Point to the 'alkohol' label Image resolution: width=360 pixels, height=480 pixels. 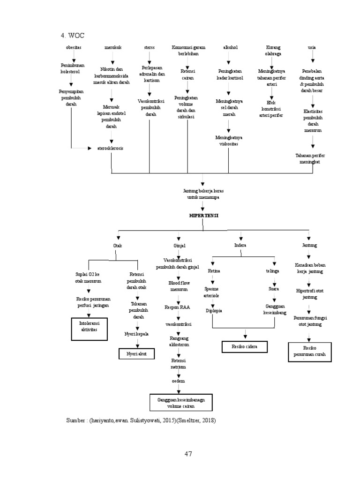point(228,48)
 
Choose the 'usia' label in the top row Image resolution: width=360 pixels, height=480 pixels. point(312,48)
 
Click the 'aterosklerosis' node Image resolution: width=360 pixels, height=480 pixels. point(111,148)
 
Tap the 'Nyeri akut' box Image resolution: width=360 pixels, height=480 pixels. point(136,354)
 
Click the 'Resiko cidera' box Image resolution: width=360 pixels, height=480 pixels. point(245,346)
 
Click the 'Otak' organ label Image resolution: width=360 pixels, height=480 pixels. point(118,245)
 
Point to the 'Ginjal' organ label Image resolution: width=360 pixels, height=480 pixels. point(180,245)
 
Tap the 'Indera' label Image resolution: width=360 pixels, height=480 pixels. point(240,245)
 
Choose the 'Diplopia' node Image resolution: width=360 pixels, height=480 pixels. point(214,311)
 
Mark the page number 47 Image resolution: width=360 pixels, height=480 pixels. point(188,454)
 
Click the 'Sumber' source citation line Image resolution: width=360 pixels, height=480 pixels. point(141,421)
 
